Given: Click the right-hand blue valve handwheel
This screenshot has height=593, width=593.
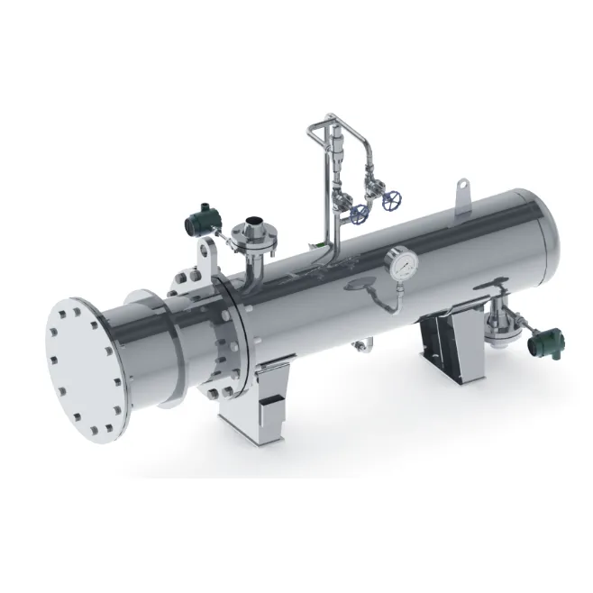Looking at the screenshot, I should coord(390,201).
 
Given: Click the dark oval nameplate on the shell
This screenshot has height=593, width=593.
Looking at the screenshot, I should coord(359,286).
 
